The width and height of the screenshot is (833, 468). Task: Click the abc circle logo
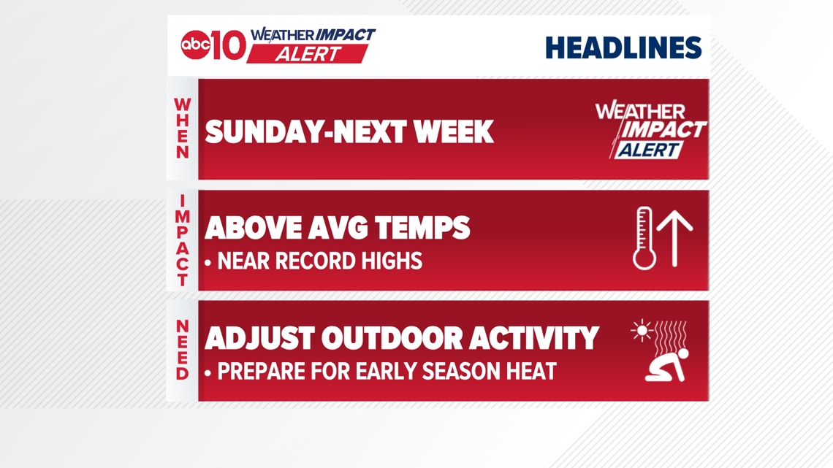(x=195, y=45)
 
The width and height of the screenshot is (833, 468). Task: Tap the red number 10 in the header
(x=229, y=45)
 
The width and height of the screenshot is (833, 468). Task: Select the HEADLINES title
(x=623, y=47)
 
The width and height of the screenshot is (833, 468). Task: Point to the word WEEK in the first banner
(x=454, y=131)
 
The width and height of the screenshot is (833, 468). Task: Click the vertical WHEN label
(x=182, y=128)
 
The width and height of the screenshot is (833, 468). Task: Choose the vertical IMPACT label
(x=182, y=240)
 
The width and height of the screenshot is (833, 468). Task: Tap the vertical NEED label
(x=182, y=350)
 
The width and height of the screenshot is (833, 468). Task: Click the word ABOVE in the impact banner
(x=252, y=229)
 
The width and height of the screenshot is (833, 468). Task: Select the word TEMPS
(x=422, y=229)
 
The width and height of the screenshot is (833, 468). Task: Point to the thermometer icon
(x=644, y=238)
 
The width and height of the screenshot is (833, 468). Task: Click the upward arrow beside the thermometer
(x=674, y=239)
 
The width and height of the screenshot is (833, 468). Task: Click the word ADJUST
(x=259, y=339)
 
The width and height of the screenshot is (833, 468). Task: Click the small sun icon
(x=642, y=331)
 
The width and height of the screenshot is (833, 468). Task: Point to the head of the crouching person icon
(x=683, y=353)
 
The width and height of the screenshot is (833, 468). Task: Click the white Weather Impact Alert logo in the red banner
(x=651, y=130)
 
